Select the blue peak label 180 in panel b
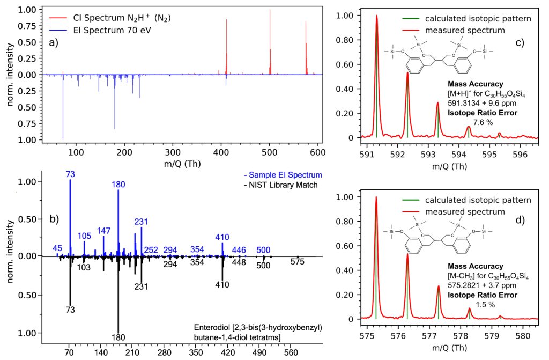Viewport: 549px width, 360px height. [x=118, y=185]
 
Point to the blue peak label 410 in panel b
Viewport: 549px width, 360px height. [x=222, y=237]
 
